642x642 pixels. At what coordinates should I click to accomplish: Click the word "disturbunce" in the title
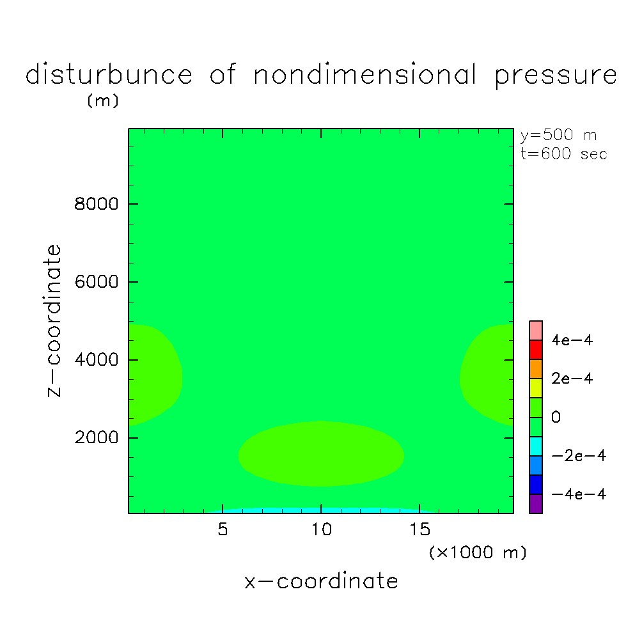point(109,75)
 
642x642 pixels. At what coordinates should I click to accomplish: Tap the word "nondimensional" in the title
point(365,75)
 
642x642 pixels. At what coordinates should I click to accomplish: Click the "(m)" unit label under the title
point(103,102)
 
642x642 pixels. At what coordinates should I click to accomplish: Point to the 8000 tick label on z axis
point(97,205)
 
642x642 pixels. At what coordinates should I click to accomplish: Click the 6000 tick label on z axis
point(97,282)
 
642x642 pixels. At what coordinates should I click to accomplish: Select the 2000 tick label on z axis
point(97,438)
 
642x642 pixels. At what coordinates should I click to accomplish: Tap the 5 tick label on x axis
point(223,529)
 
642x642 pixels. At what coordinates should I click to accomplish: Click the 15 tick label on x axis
point(419,529)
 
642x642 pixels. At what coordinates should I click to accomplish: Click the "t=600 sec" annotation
point(564,154)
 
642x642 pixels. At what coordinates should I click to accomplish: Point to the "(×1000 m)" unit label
point(478,552)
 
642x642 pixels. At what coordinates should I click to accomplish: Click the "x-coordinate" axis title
point(321,581)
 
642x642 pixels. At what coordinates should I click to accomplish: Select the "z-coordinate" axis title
point(55,320)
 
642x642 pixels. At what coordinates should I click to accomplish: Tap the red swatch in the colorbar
point(536,350)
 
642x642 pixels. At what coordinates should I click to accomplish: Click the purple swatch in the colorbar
point(536,504)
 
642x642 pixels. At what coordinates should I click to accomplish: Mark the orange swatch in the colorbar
point(536,369)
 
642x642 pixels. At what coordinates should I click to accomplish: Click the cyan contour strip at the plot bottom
point(320,510)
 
